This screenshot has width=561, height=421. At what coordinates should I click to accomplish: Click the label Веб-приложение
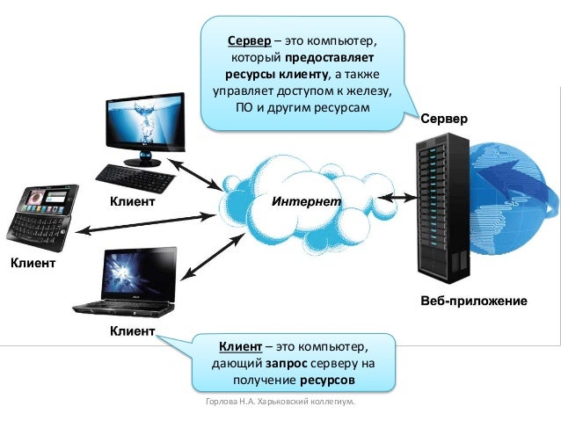474,302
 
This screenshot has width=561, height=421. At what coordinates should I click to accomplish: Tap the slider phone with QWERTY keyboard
41,214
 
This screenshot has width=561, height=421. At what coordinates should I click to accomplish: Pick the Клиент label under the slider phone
33,263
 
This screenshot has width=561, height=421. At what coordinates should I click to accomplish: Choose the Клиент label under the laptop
132,331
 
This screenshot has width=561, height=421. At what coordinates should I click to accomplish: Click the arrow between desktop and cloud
195,174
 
